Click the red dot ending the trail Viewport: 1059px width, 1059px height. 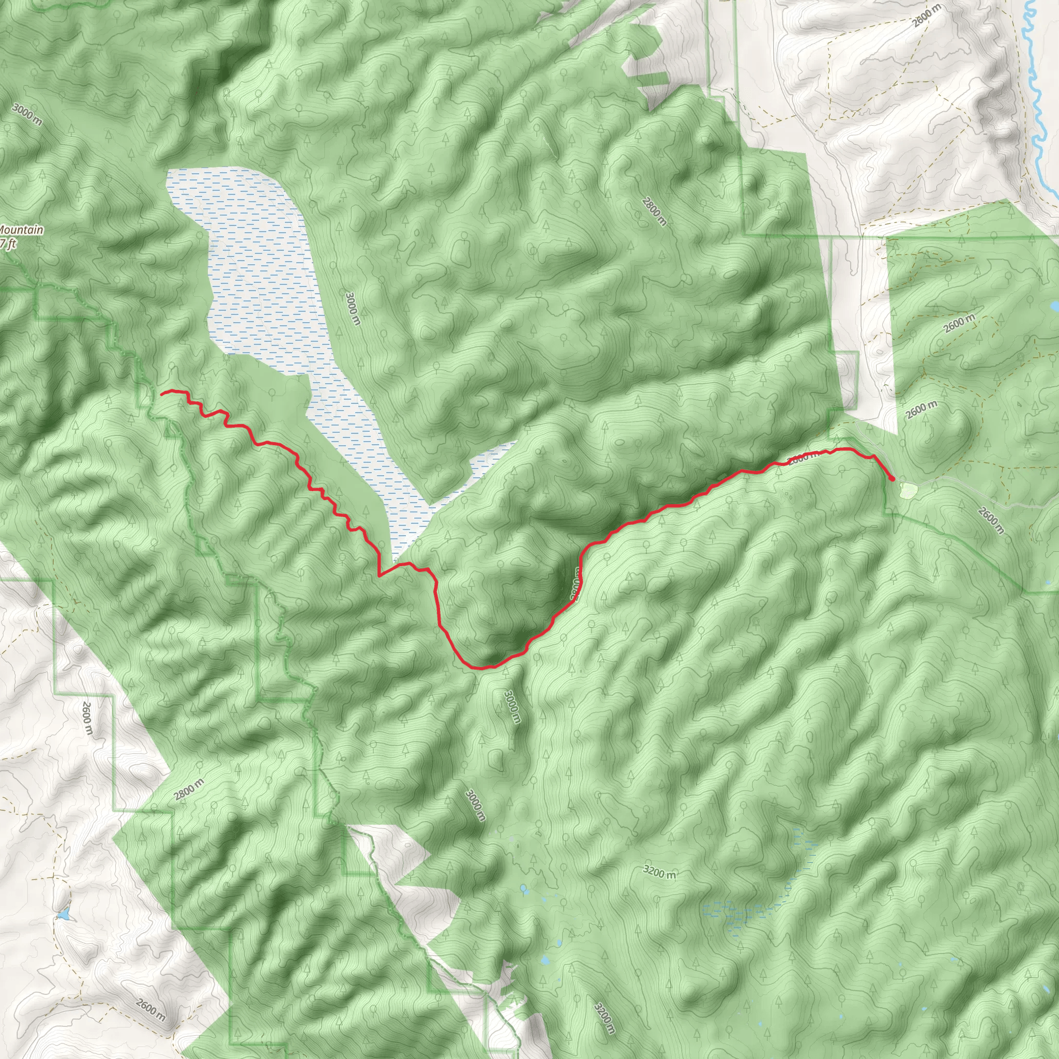(892, 478)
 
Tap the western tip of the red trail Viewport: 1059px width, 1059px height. (162, 392)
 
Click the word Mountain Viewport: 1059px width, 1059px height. (22, 230)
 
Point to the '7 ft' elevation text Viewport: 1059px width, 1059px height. (8, 243)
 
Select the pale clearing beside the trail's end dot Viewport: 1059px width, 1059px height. (908, 490)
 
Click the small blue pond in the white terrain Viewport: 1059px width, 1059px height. (65, 915)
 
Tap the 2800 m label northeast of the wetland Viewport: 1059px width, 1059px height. (655, 211)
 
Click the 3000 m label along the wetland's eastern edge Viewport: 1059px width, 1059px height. (354, 308)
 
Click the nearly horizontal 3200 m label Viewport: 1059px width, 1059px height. (659, 871)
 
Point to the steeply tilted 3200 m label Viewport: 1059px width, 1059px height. (604, 1019)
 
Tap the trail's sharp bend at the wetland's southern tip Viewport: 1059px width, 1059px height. (380, 574)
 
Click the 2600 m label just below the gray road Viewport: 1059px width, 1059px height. (991, 520)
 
